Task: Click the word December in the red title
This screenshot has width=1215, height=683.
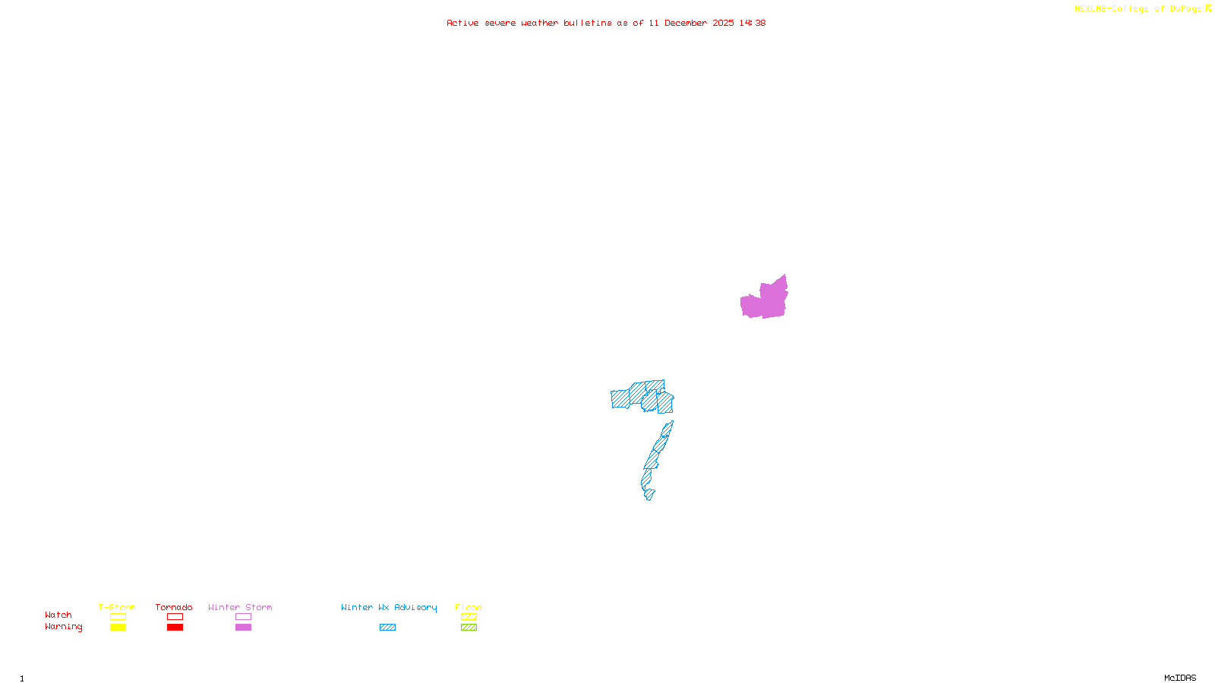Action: [x=686, y=23]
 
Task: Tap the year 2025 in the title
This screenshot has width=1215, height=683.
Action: [x=723, y=23]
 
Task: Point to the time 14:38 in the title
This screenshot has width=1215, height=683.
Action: [x=753, y=23]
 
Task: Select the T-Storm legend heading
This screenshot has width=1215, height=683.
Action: [x=117, y=607]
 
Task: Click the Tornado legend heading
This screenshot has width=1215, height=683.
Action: [x=174, y=607]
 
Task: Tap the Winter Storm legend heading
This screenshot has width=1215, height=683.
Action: [x=240, y=607]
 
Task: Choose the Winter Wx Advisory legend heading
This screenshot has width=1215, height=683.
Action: [x=389, y=607]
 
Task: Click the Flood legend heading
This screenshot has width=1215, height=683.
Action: [x=469, y=607]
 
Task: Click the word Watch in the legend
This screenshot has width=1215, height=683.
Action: [x=58, y=615]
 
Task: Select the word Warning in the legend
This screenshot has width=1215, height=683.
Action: [x=64, y=627]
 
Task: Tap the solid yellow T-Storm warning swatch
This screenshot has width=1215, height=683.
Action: [x=118, y=628]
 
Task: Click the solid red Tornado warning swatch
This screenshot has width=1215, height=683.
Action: [x=175, y=628]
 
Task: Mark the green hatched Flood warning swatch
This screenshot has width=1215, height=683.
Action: [x=469, y=628]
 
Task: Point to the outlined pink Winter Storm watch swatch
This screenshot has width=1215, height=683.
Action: [x=243, y=617]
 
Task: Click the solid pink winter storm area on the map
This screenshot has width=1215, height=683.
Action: [x=767, y=300]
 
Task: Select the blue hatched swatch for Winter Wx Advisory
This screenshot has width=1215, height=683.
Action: [x=387, y=628]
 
